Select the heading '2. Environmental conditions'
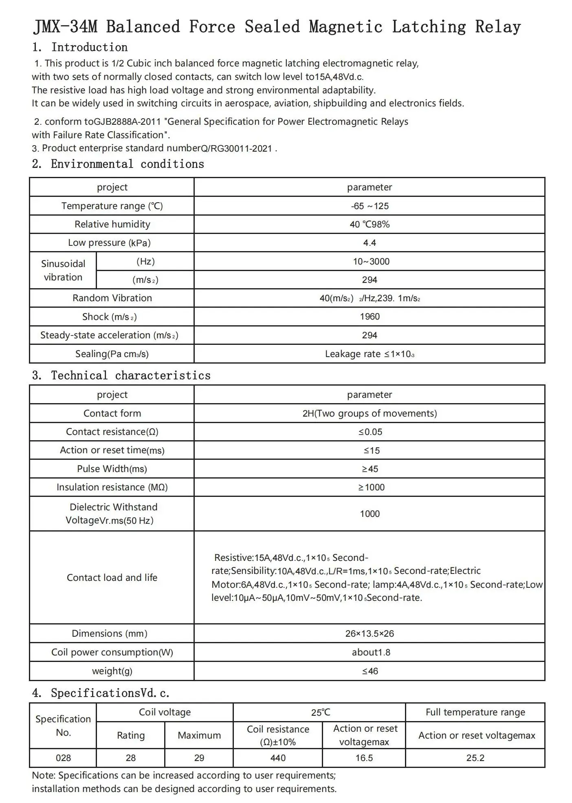click(118, 164)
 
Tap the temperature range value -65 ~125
click(370, 206)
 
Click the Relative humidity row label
click(112, 224)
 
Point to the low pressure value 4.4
click(370, 243)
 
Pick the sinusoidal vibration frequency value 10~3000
click(371, 261)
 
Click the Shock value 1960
click(370, 317)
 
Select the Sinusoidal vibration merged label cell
click(63, 270)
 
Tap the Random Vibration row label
click(112, 298)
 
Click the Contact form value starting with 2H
click(370, 413)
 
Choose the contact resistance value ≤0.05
click(370, 432)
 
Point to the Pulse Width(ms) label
click(112, 469)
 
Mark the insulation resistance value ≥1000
click(371, 487)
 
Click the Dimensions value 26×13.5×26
click(370, 633)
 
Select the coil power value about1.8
click(371, 652)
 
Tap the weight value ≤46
click(370, 671)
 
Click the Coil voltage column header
click(165, 712)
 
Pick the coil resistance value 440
click(278, 758)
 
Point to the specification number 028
click(63, 758)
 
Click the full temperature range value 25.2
click(475, 758)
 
